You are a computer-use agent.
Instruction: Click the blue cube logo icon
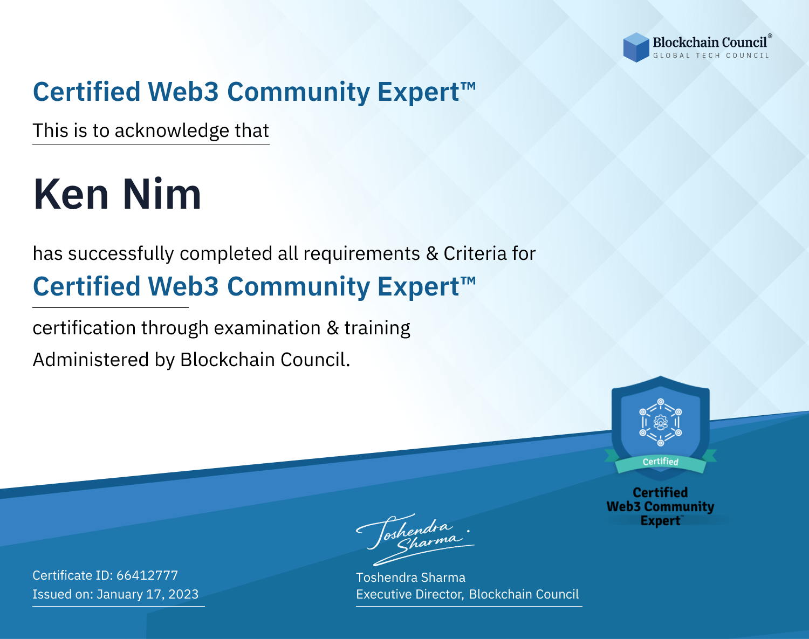(636, 47)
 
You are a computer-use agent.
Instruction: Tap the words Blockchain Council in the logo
(710, 43)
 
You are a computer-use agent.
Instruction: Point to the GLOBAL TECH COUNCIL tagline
(711, 56)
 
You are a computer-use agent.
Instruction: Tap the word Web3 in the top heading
(183, 92)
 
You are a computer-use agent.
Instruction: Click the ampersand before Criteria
(432, 254)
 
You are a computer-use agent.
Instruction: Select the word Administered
(91, 360)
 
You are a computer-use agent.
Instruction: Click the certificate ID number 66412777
(147, 575)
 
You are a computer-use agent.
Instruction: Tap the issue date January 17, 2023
(147, 594)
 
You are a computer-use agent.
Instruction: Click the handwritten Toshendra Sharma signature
(415, 540)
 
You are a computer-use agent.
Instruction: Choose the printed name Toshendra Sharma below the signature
(410, 578)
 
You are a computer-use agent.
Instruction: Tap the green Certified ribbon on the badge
(661, 462)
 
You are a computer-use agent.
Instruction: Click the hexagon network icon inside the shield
(661, 422)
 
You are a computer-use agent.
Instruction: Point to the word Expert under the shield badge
(660, 521)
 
